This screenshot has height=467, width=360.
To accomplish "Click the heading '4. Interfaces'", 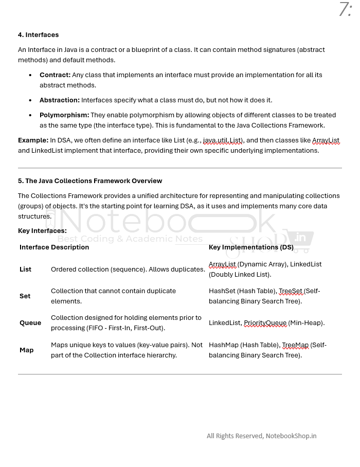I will pos(38,35).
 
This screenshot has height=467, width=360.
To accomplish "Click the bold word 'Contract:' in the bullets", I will pos(55,75).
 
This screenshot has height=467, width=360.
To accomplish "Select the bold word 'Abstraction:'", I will pos(60,100).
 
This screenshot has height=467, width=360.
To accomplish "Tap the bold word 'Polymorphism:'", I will pos(64,115).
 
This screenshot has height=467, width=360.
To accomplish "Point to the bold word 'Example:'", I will pos(33,140).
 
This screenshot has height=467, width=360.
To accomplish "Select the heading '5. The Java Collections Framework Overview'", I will pos(90,181).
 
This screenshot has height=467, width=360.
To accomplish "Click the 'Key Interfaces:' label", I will pos(42,231).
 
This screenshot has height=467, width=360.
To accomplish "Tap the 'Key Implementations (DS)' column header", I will pos(251,247).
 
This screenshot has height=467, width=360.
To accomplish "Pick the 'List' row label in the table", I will pos(25,270).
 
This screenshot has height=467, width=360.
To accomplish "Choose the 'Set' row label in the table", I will pos(25,296).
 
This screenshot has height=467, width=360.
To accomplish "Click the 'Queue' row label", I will pos(30,323).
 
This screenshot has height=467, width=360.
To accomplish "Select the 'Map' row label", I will pos(26,350).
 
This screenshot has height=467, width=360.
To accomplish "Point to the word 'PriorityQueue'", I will pos(265,323).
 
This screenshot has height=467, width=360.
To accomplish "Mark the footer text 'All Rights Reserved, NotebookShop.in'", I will pos(261,436).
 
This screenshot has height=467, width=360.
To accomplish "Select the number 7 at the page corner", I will pos(344,10).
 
